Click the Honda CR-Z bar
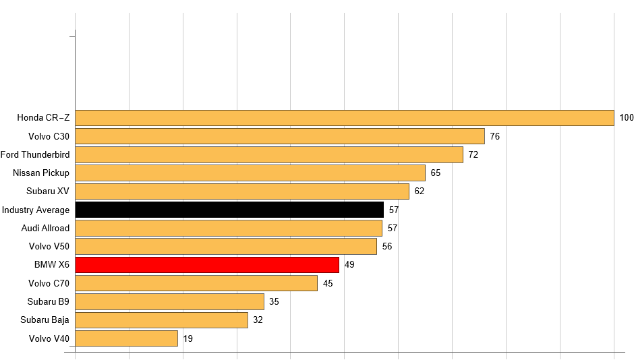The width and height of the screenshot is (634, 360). click(344, 118)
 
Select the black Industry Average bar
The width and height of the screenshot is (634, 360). click(229, 210)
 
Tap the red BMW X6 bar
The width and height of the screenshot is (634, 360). click(207, 264)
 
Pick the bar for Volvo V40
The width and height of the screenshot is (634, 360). click(126, 338)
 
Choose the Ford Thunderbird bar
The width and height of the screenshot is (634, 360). click(269, 154)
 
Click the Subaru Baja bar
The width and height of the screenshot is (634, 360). click(161, 320)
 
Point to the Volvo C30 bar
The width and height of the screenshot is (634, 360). click(280, 136)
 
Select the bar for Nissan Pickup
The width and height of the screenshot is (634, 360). click(250, 173)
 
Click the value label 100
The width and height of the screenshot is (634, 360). click(627, 118)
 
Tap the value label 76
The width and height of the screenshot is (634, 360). click(494, 136)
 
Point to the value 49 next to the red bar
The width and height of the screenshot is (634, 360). click(349, 264)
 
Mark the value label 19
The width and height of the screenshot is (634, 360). click(188, 338)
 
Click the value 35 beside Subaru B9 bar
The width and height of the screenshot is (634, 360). click(274, 301)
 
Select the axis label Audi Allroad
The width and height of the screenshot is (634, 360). click(45, 228)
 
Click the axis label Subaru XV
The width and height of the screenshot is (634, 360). click(48, 191)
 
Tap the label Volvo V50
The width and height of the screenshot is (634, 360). click(49, 246)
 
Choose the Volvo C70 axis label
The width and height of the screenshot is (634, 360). click(49, 283)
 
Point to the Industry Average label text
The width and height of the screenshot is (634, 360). click(36, 210)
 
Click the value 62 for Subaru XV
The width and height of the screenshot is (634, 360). click(420, 191)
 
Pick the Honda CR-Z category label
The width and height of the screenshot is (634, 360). click(43, 118)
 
